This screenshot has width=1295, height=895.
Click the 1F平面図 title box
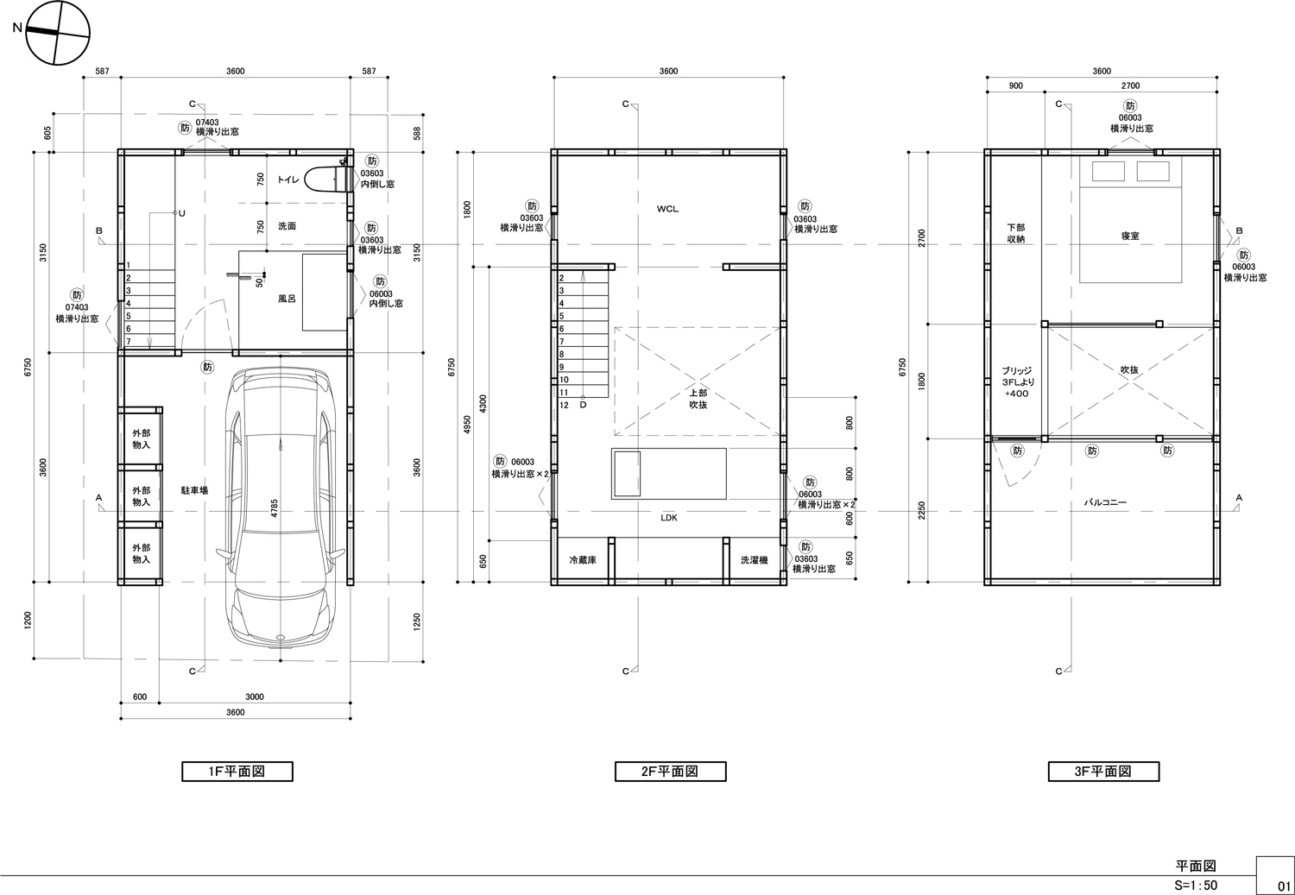click(x=237, y=772)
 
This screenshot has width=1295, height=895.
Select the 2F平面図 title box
click(x=670, y=772)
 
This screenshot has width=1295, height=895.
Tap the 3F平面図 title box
click(x=1103, y=772)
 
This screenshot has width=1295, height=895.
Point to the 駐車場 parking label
click(x=194, y=490)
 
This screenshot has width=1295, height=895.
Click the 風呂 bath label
click(x=287, y=299)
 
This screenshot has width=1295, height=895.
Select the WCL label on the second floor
click(x=667, y=209)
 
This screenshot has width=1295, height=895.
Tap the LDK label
click(x=669, y=518)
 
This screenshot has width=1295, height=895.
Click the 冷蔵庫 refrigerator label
click(x=583, y=560)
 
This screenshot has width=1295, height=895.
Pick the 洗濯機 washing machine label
click(x=755, y=560)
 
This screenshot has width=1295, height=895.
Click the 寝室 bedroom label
click(x=1129, y=236)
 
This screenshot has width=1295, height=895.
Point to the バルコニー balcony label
click(x=1105, y=502)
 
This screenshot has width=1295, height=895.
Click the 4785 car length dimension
click(x=275, y=507)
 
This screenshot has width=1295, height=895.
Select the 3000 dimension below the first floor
click(x=255, y=696)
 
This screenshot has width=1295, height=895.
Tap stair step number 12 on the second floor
click(x=564, y=405)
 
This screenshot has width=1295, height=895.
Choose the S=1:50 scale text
click(x=1196, y=886)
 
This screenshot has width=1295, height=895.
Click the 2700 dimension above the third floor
click(x=1130, y=86)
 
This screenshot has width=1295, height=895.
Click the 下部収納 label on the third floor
click(x=1016, y=233)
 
